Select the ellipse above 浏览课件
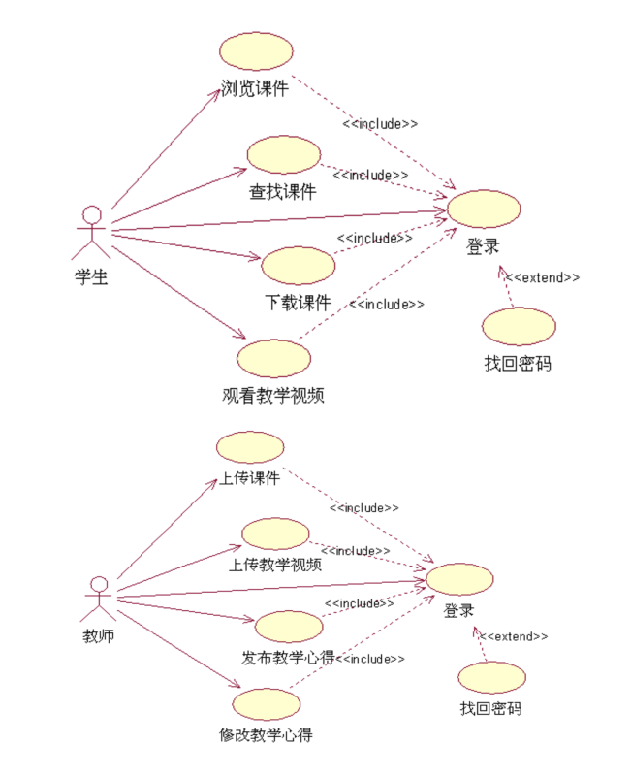coord(256,51)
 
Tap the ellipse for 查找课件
coord(283,155)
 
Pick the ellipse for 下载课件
coord(299,265)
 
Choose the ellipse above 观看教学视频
coord(273,357)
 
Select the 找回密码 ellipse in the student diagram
coord(519,327)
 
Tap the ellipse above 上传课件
coord(250,447)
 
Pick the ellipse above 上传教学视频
coord(275,534)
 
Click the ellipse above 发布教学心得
coord(288,627)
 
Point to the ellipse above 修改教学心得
coord(265,702)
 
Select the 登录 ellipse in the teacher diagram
coord(459,578)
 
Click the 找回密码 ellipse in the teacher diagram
coord(491,676)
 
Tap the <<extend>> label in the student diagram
coord(543,277)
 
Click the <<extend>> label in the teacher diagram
coord(514,636)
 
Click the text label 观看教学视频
coord(272,395)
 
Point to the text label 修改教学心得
coord(266,734)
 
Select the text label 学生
coord(90,276)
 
